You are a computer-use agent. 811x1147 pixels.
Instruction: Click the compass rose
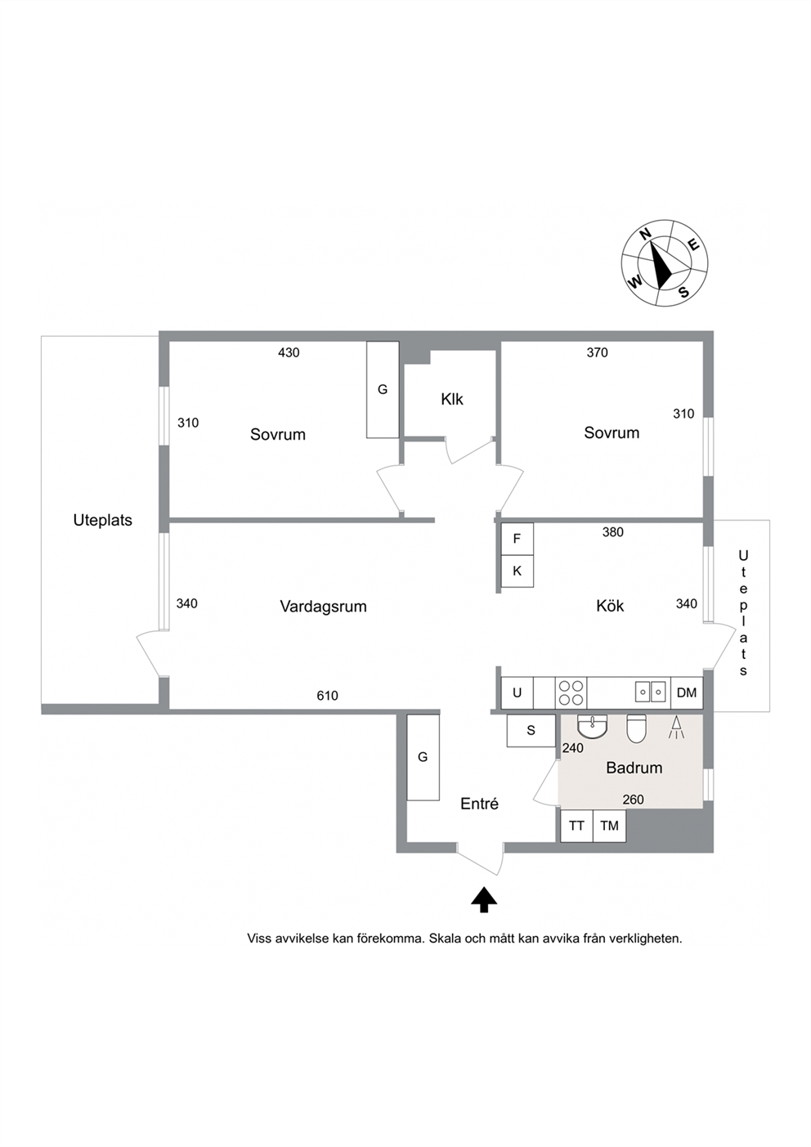[x=665, y=263]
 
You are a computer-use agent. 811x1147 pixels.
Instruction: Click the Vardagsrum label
[x=323, y=607]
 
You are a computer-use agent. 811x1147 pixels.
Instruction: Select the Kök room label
[x=610, y=606]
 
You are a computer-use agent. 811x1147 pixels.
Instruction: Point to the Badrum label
[x=634, y=768]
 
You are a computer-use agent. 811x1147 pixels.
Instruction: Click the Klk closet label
[x=452, y=400]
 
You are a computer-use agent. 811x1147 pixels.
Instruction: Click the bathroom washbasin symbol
[x=592, y=727]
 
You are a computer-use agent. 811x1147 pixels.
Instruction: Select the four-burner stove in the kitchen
[x=571, y=692]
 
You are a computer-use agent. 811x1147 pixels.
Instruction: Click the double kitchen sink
[x=651, y=692]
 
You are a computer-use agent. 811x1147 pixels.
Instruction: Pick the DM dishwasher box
[x=687, y=692]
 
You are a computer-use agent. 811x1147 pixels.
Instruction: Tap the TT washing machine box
[x=577, y=826]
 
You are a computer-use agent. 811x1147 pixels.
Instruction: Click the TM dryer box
[x=609, y=826]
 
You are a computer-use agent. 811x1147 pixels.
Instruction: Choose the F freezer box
[x=518, y=539]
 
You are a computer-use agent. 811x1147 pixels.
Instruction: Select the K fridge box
[x=518, y=571]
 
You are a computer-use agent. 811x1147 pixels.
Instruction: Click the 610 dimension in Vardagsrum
[x=328, y=696]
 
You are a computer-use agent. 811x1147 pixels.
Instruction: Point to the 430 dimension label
[x=289, y=352]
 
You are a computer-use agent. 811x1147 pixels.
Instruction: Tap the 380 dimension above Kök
[x=613, y=532]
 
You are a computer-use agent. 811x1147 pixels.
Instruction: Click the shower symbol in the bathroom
[x=676, y=727]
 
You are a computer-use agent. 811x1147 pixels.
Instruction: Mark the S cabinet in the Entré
[x=531, y=731]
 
